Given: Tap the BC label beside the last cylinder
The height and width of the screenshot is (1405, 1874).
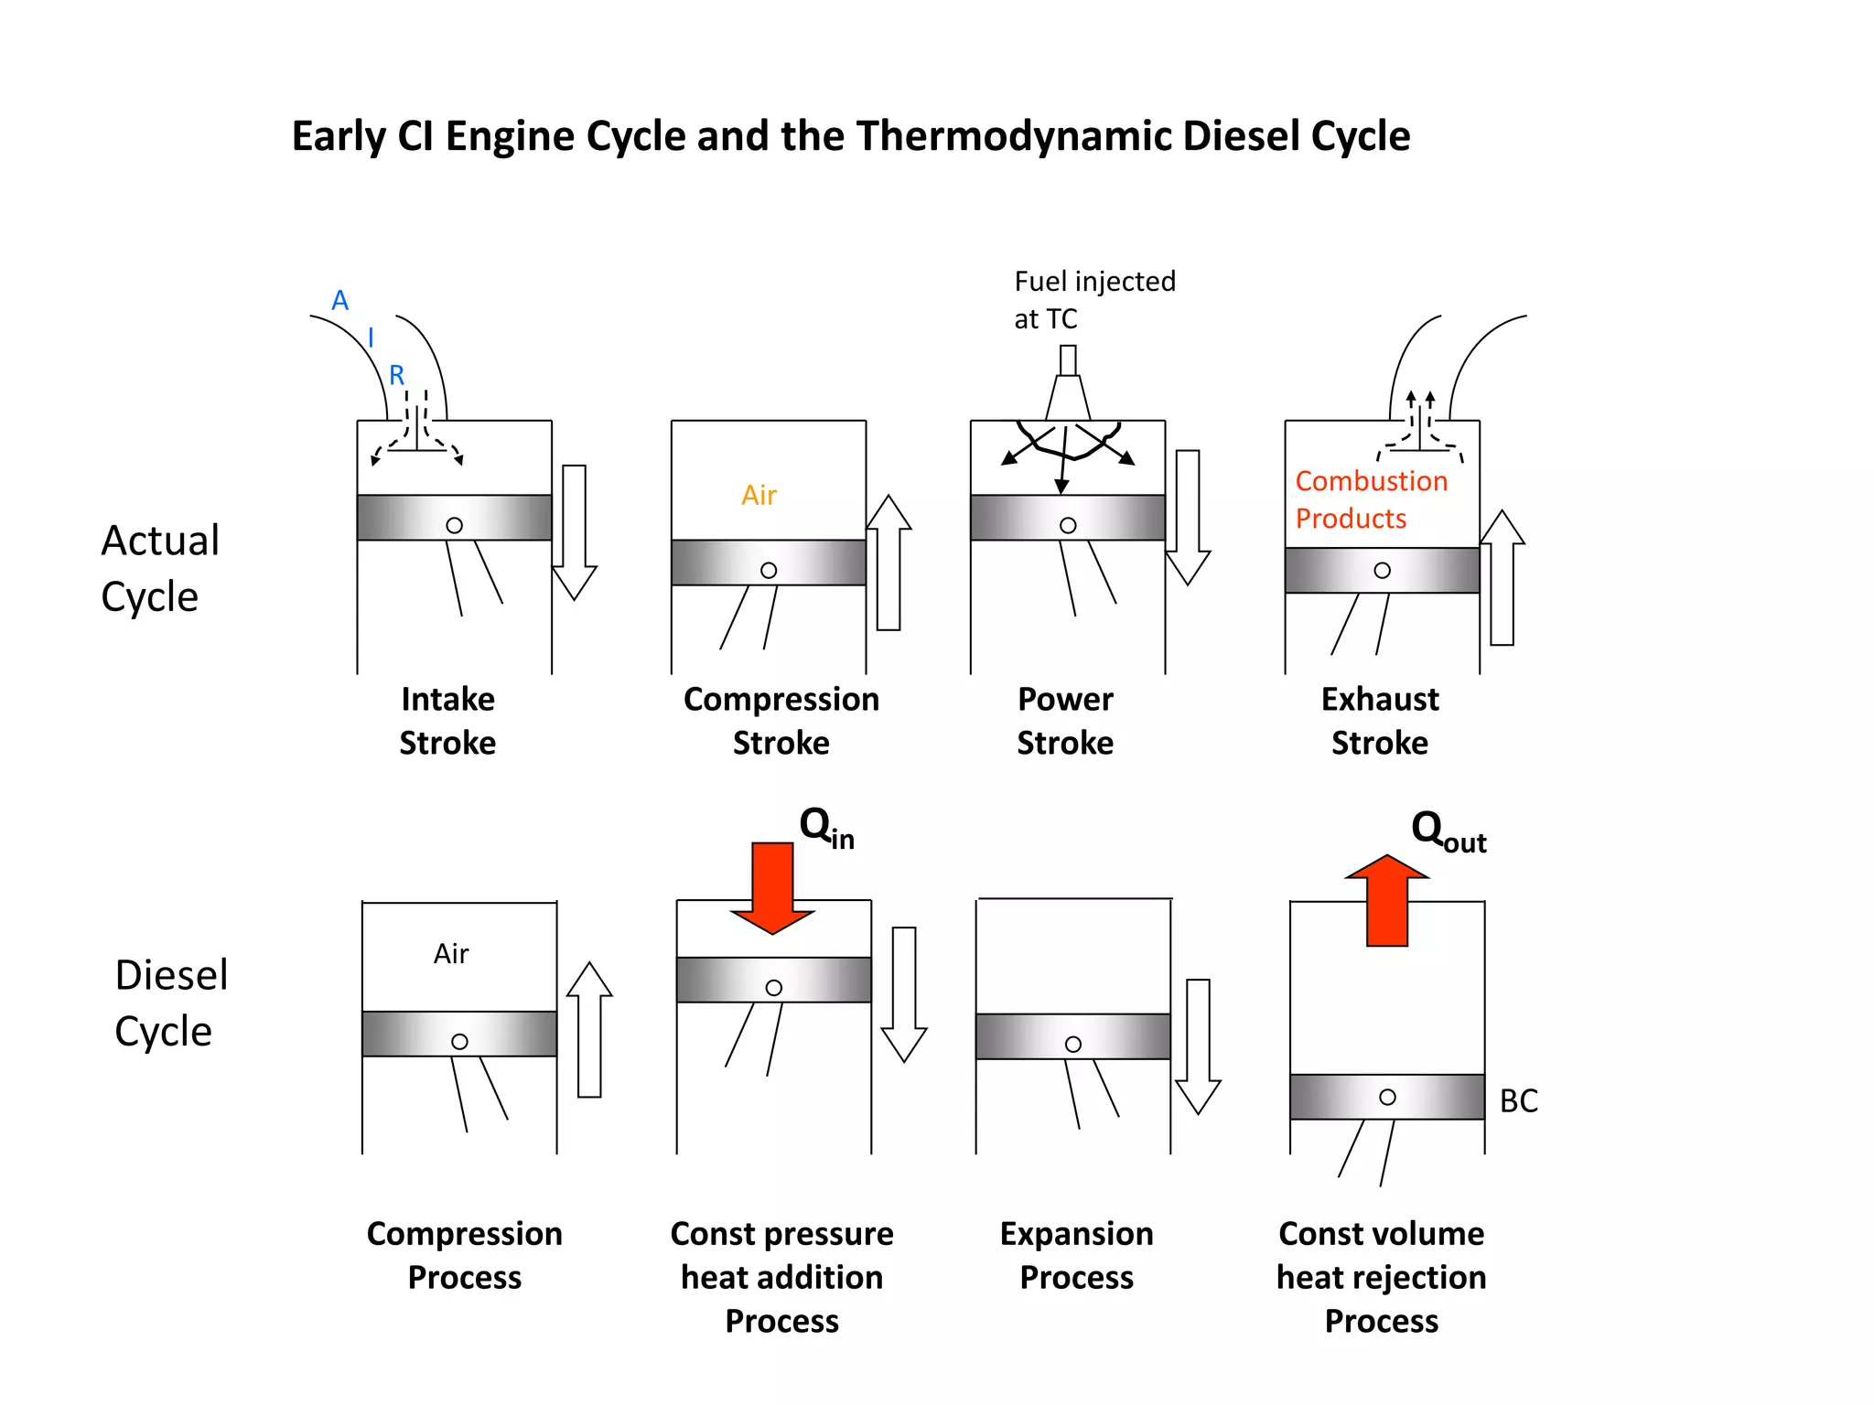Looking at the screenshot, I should pos(1518,1100).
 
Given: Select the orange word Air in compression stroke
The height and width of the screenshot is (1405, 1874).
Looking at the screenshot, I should pos(759,495).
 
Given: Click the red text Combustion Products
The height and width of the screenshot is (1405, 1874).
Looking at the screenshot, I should pos(1370,499).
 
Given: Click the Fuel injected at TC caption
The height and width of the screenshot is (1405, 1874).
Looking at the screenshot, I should pos(1093,299).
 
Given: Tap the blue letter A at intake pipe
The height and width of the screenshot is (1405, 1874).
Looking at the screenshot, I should pos(340,300).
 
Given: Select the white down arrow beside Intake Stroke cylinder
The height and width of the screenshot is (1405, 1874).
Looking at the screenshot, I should pos(575,531).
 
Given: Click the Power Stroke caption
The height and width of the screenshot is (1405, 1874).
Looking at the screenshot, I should pos(1065,720).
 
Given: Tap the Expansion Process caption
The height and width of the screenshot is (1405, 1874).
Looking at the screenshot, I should pos(1076,1254).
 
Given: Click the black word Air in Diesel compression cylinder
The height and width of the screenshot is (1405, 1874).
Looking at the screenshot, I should pos(451,954).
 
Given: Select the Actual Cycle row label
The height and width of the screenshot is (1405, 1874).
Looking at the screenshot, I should pos(159,567).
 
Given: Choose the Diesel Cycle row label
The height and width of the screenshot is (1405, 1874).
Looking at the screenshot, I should pos(170,1002).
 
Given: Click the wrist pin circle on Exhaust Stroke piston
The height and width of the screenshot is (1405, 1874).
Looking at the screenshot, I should pos(1382,570).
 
